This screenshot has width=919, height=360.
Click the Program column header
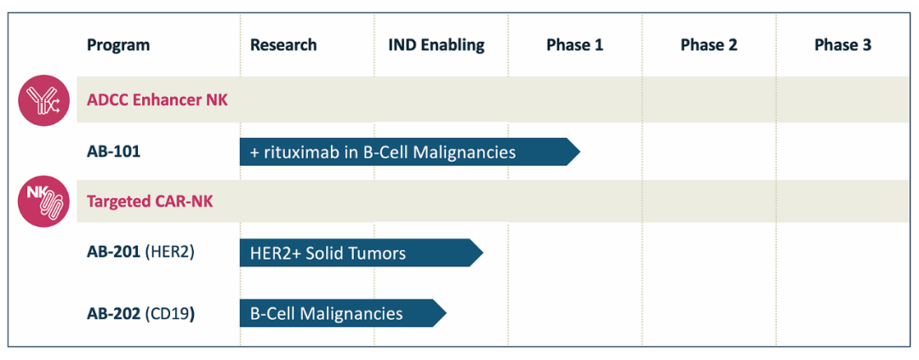pyautogui.click(x=118, y=45)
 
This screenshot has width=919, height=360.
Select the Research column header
pyautogui.click(x=283, y=45)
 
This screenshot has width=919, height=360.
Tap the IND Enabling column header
pyautogui.click(x=437, y=45)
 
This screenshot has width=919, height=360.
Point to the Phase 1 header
pyautogui.click(x=575, y=45)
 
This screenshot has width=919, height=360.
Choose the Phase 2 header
pyautogui.click(x=709, y=45)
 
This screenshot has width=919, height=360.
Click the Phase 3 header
pyautogui.click(x=842, y=45)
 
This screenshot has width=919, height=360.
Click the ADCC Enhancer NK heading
pyautogui.click(x=157, y=100)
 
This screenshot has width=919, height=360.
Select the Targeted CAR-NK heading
pyautogui.click(x=150, y=202)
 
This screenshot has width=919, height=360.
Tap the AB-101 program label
pyautogui.click(x=114, y=151)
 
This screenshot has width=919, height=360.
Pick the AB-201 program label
pyautogui.click(x=114, y=253)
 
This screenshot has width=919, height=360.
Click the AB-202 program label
pyautogui.click(x=114, y=314)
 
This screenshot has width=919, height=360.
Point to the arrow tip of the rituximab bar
pyautogui.click(x=580, y=151)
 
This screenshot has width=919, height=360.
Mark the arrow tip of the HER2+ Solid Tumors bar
pyautogui.click(x=483, y=253)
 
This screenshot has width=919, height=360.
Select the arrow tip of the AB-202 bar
pyautogui.click(x=447, y=314)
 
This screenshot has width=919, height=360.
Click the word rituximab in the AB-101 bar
pyautogui.click(x=297, y=152)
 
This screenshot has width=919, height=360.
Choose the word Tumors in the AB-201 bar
pyautogui.click(x=381, y=254)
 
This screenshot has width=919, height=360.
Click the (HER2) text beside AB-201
pyautogui.click(x=169, y=253)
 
